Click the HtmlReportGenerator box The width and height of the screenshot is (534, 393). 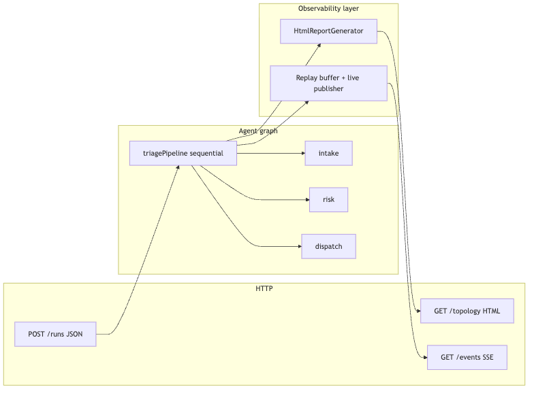pyautogui.click(x=328, y=31)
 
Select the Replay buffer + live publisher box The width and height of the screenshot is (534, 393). pyautogui.click(x=328, y=83)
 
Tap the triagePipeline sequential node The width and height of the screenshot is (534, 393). pyautogui.click(x=183, y=154)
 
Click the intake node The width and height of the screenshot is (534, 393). pyautogui.click(x=328, y=154)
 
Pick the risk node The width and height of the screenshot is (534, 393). pyautogui.click(x=328, y=200)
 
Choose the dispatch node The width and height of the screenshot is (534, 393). pyautogui.click(x=328, y=246)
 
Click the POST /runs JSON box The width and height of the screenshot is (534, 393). pyautogui.click(x=55, y=335)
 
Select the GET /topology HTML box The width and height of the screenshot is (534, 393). pyautogui.click(x=467, y=311)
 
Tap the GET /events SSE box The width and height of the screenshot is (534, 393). pyautogui.click(x=467, y=358)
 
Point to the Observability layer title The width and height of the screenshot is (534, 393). pyautogui.click(x=328, y=8)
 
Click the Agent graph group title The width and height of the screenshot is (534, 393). pyautogui.click(x=258, y=131)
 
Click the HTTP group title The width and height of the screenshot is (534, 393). pyautogui.click(x=264, y=288)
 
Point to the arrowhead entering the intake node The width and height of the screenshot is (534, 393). pyautogui.click(x=303, y=154)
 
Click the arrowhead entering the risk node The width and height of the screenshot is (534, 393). pyautogui.click(x=308, y=200)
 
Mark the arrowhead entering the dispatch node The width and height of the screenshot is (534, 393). pyautogui.click(x=300, y=246)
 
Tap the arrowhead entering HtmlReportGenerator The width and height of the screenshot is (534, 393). pyautogui.click(x=319, y=45)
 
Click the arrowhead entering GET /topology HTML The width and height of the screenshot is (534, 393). pyautogui.click(x=418, y=311)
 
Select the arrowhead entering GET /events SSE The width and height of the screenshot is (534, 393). pyautogui.click(x=425, y=358)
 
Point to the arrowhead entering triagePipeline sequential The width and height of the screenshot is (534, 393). pyautogui.click(x=178, y=167)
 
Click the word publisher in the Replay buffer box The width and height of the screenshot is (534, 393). pyautogui.click(x=328, y=88)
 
